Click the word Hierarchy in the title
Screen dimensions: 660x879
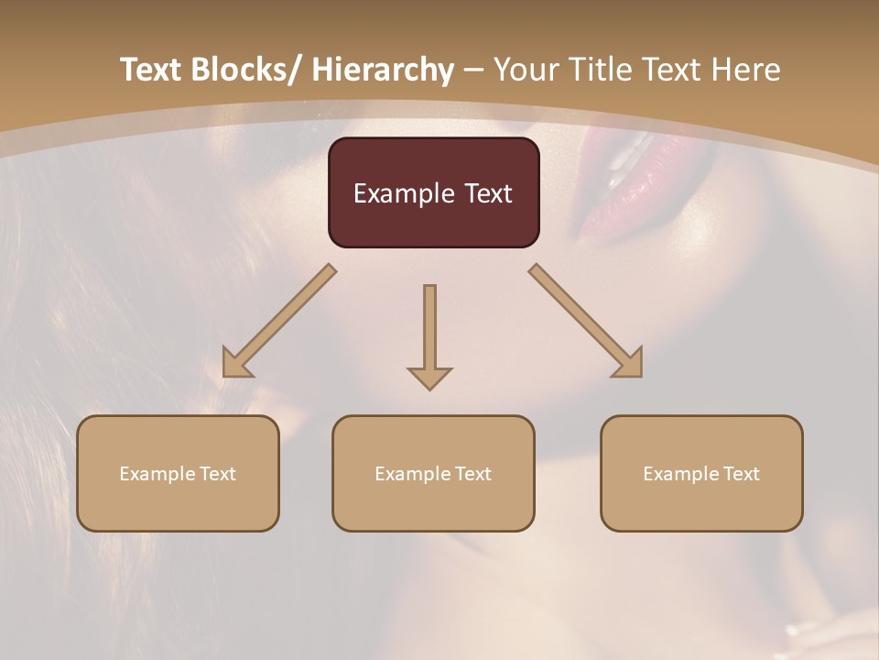tap(383, 70)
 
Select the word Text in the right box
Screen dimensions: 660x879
tap(741, 474)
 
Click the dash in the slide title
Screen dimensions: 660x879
tap(473, 71)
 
